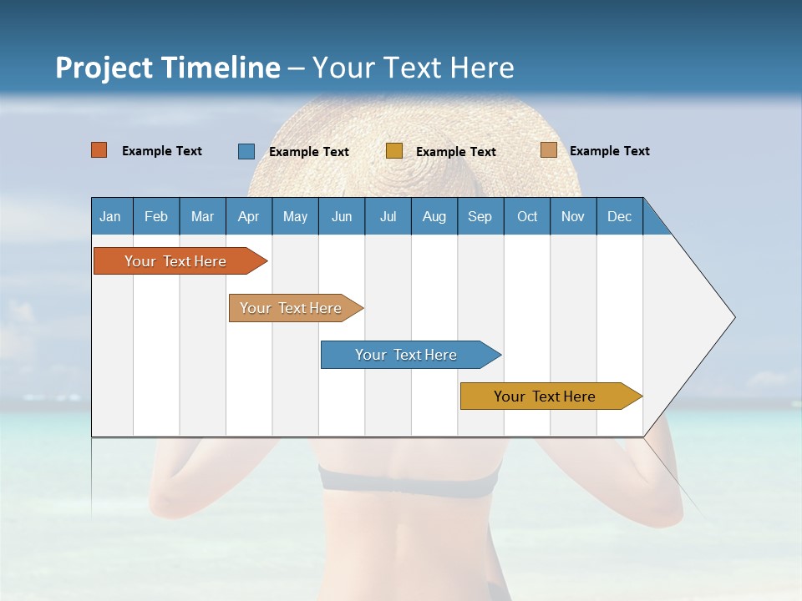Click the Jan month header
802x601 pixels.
tap(111, 216)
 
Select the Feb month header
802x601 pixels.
tap(156, 216)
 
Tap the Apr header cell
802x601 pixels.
tap(249, 216)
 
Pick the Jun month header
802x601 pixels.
tap(342, 216)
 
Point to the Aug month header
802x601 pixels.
tap(434, 216)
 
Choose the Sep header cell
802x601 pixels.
tap(480, 216)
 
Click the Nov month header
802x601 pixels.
tap(573, 216)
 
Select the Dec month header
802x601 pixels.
tap(620, 216)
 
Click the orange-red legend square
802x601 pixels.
tap(99, 150)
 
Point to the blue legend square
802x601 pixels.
tap(246, 151)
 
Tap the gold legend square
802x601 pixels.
tap(394, 151)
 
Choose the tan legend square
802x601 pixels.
tap(548, 150)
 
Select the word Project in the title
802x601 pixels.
tap(103, 68)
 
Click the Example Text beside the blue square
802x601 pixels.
tap(309, 152)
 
